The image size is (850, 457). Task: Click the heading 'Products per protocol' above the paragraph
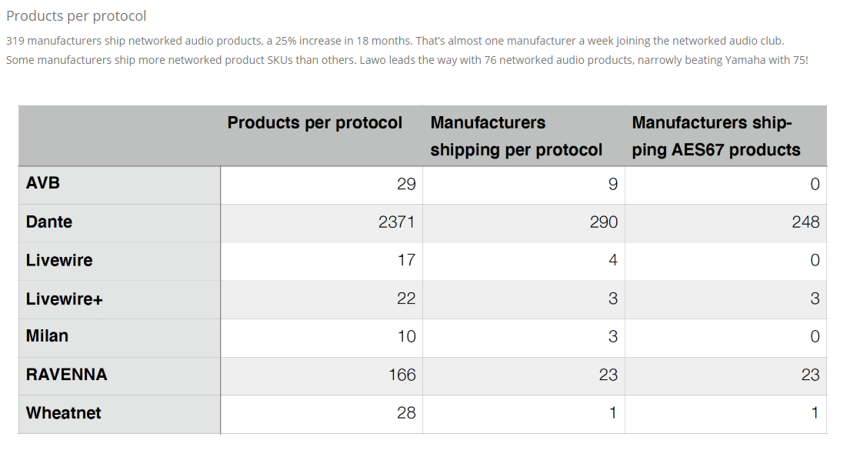(76, 16)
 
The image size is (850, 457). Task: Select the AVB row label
(43, 183)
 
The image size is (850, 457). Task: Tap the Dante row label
(48, 222)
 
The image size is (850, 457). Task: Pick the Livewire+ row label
(64, 299)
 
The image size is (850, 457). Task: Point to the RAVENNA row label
(66, 375)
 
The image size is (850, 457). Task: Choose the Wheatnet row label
(63, 413)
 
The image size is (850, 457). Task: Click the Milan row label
(47, 336)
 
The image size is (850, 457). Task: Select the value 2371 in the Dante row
(397, 222)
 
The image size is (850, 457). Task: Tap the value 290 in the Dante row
(603, 222)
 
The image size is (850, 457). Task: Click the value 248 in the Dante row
(805, 222)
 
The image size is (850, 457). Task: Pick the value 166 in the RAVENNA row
(402, 375)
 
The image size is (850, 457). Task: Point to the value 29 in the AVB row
(406, 185)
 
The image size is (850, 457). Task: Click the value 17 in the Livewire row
(406, 260)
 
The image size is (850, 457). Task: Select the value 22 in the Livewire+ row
(406, 299)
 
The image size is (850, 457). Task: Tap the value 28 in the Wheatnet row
(406, 413)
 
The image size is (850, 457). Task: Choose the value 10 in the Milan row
(406, 337)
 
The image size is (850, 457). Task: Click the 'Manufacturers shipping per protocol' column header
(516, 136)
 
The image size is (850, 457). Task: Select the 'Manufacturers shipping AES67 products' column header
(715, 136)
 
